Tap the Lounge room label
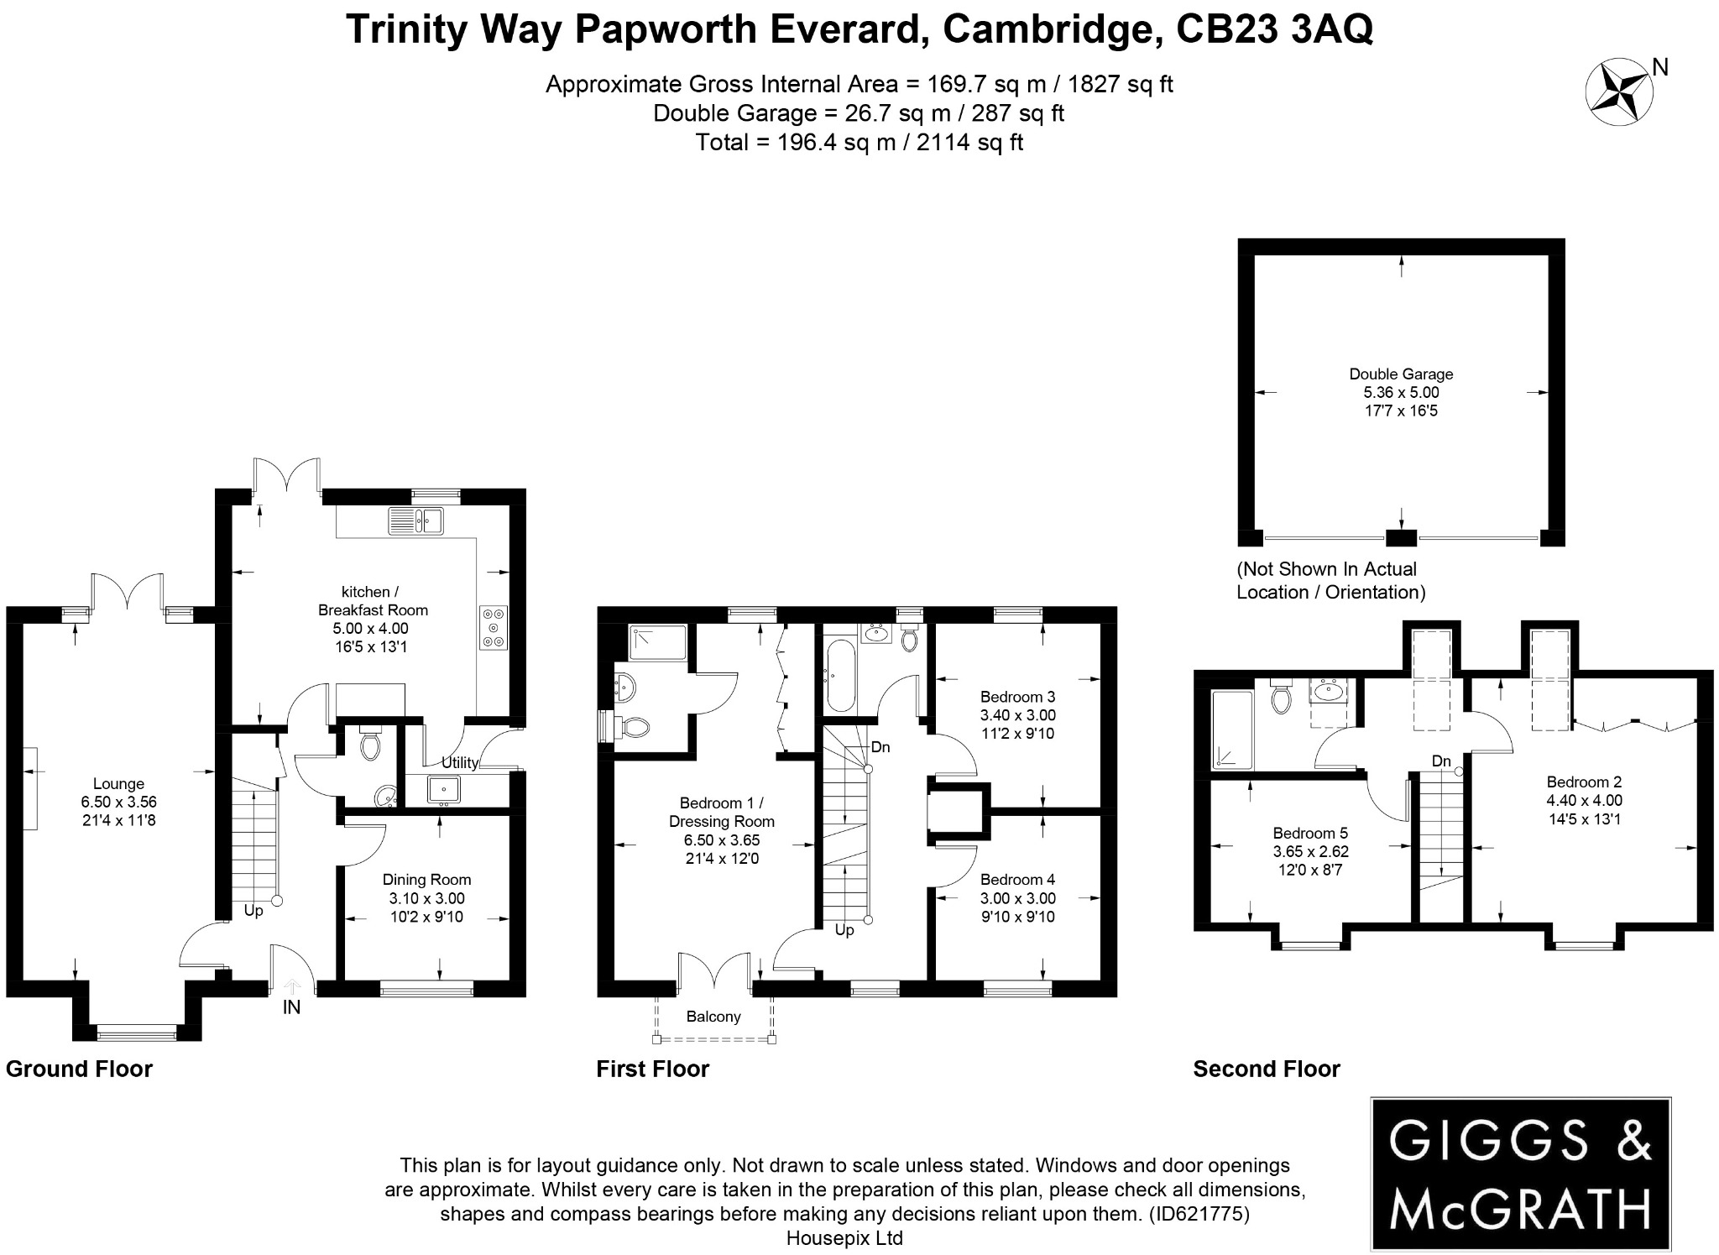pos(118,784)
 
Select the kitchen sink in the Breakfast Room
pos(416,521)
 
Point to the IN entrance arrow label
pos(291,1007)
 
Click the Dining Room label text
pos(426,880)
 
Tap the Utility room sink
pos(442,789)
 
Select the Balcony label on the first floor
pos(713,1017)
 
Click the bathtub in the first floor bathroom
pos(840,675)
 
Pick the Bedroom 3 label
pos(1017,697)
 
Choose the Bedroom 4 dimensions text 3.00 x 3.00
pos(1017,898)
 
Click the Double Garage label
pos(1401,374)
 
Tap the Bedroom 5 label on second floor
pos(1310,833)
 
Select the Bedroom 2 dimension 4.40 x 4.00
pos(1584,800)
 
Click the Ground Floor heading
pos(79,1069)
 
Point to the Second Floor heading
pos(1266,1069)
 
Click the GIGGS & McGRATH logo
pos(1520,1173)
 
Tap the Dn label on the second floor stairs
pos(1441,761)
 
